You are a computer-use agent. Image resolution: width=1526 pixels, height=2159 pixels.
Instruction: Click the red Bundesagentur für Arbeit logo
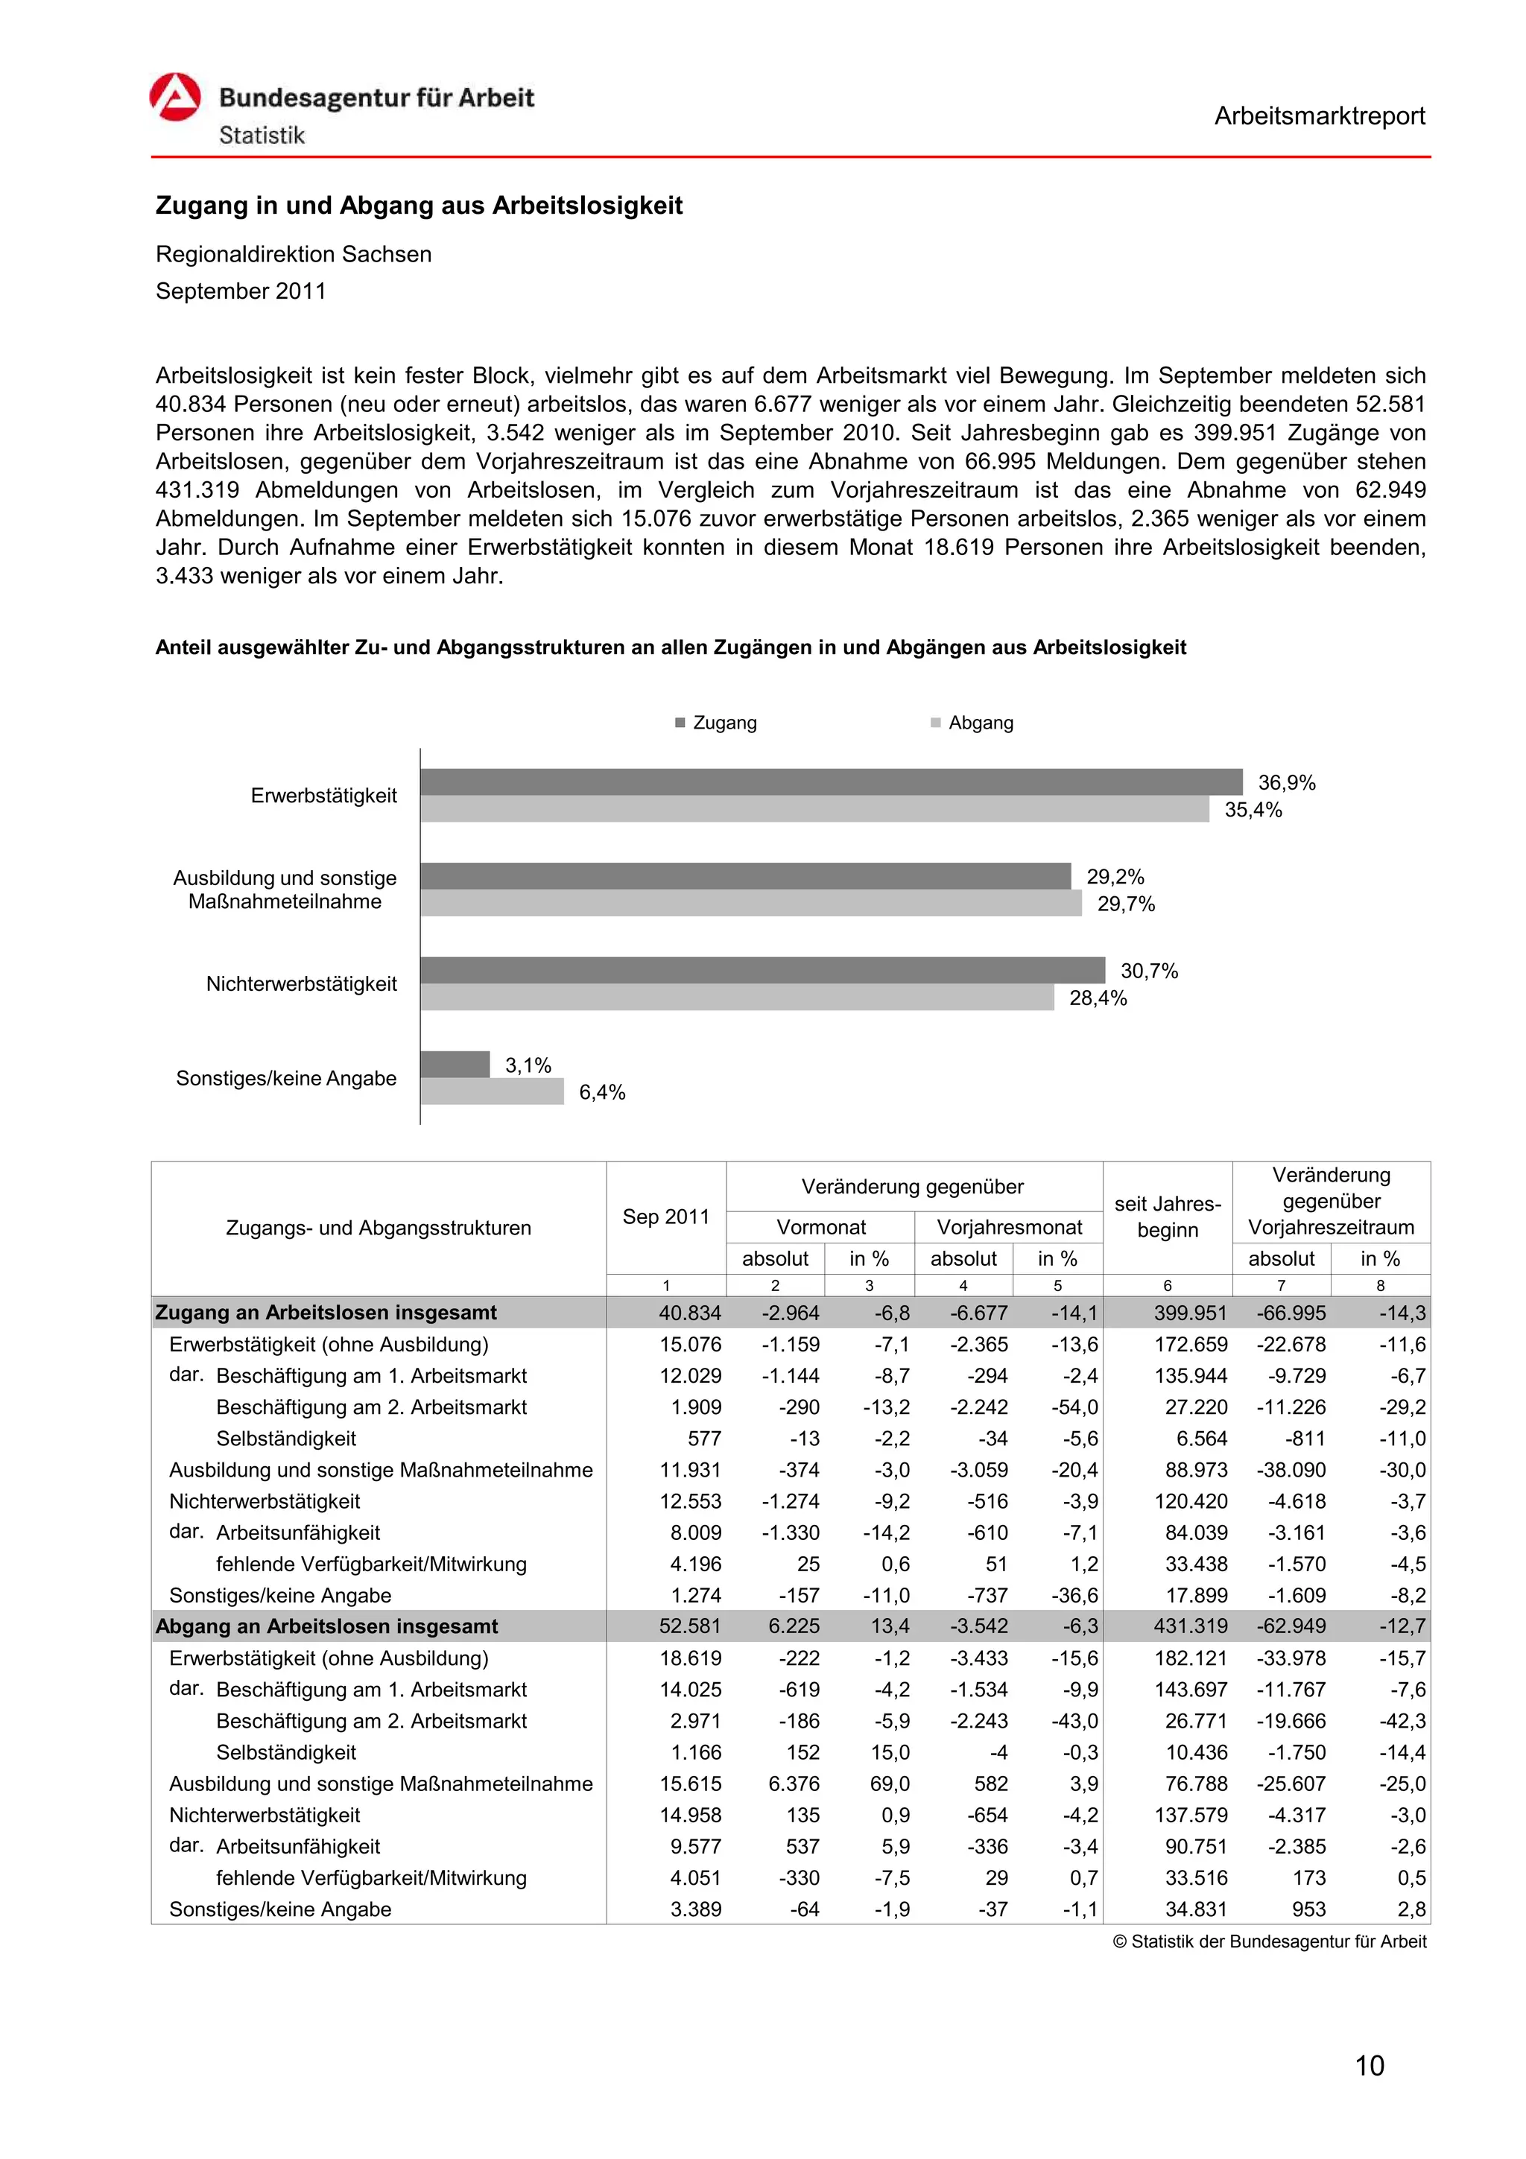(x=175, y=97)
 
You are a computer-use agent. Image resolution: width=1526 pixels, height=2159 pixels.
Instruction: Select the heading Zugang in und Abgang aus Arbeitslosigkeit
(x=419, y=205)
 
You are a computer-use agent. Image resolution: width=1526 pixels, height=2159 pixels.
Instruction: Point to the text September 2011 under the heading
(x=241, y=291)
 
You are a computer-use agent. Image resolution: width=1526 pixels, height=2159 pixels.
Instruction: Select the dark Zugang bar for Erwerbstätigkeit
(x=830, y=782)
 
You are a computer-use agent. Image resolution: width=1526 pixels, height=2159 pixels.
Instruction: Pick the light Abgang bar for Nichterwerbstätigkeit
(x=736, y=998)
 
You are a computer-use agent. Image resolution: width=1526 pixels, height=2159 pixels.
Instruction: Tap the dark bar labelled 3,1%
(x=455, y=1065)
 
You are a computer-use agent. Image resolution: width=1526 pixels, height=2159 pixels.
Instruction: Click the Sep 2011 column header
(x=665, y=1216)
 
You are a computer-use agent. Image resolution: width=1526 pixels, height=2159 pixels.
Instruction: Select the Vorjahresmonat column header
(x=1009, y=1227)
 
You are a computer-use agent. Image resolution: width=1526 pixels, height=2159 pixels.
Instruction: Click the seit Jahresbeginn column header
(x=1167, y=1216)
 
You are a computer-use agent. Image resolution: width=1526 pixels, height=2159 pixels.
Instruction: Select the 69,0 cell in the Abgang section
(x=890, y=1783)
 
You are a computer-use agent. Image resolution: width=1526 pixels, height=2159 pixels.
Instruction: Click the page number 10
(x=1369, y=2065)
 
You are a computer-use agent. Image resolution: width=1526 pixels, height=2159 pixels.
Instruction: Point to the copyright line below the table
(x=1270, y=1941)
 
